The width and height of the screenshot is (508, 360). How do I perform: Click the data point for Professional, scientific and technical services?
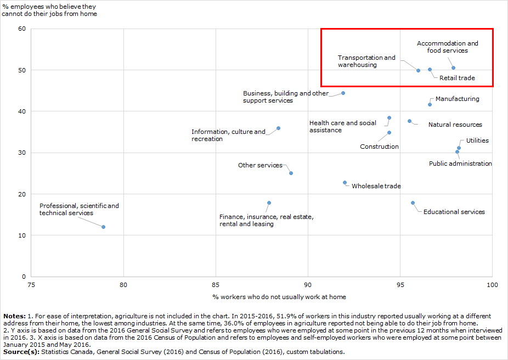pyautogui.click(x=103, y=227)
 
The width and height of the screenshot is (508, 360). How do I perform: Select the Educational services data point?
pyautogui.click(x=413, y=203)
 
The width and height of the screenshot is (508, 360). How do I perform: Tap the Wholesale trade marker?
pyautogui.click(x=345, y=182)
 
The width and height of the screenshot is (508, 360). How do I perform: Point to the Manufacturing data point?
pyautogui.click(x=430, y=104)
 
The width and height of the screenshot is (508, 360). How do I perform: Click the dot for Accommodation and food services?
pyautogui.click(x=454, y=67)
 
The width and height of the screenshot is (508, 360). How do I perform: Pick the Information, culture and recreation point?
pyautogui.click(x=278, y=128)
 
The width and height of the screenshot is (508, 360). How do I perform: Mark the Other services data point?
pyautogui.click(x=291, y=173)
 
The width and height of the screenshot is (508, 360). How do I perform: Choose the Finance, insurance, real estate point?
pyautogui.click(x=269, y=203)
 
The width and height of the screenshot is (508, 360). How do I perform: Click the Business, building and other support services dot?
pyautogui.click(x=343, y=93)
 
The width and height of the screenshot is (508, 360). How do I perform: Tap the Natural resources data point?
pyautogui.click(x=409, y=121)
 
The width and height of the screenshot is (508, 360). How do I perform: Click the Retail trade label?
pyautogui.click(x=457, y=78)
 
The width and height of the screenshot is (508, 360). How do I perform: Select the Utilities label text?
pyautogui.click(x=477, y=140)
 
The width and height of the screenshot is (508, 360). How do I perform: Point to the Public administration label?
pyautogui.click(x=460, y=164)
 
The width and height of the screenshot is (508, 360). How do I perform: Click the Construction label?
pyautogui.click(x=380, y=147)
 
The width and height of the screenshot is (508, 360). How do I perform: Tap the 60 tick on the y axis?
pyautogui.click(x=22, y=29)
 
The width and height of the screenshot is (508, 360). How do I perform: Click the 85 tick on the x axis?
pyautogui.click(x=216, y=285)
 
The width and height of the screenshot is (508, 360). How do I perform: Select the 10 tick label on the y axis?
pyautogui.click(x=22, y=235)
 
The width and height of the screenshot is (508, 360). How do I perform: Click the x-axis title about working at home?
pyautogui.click(x=279, y=297)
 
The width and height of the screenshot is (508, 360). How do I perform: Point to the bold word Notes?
pyautogui.click(x=14, y=316)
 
